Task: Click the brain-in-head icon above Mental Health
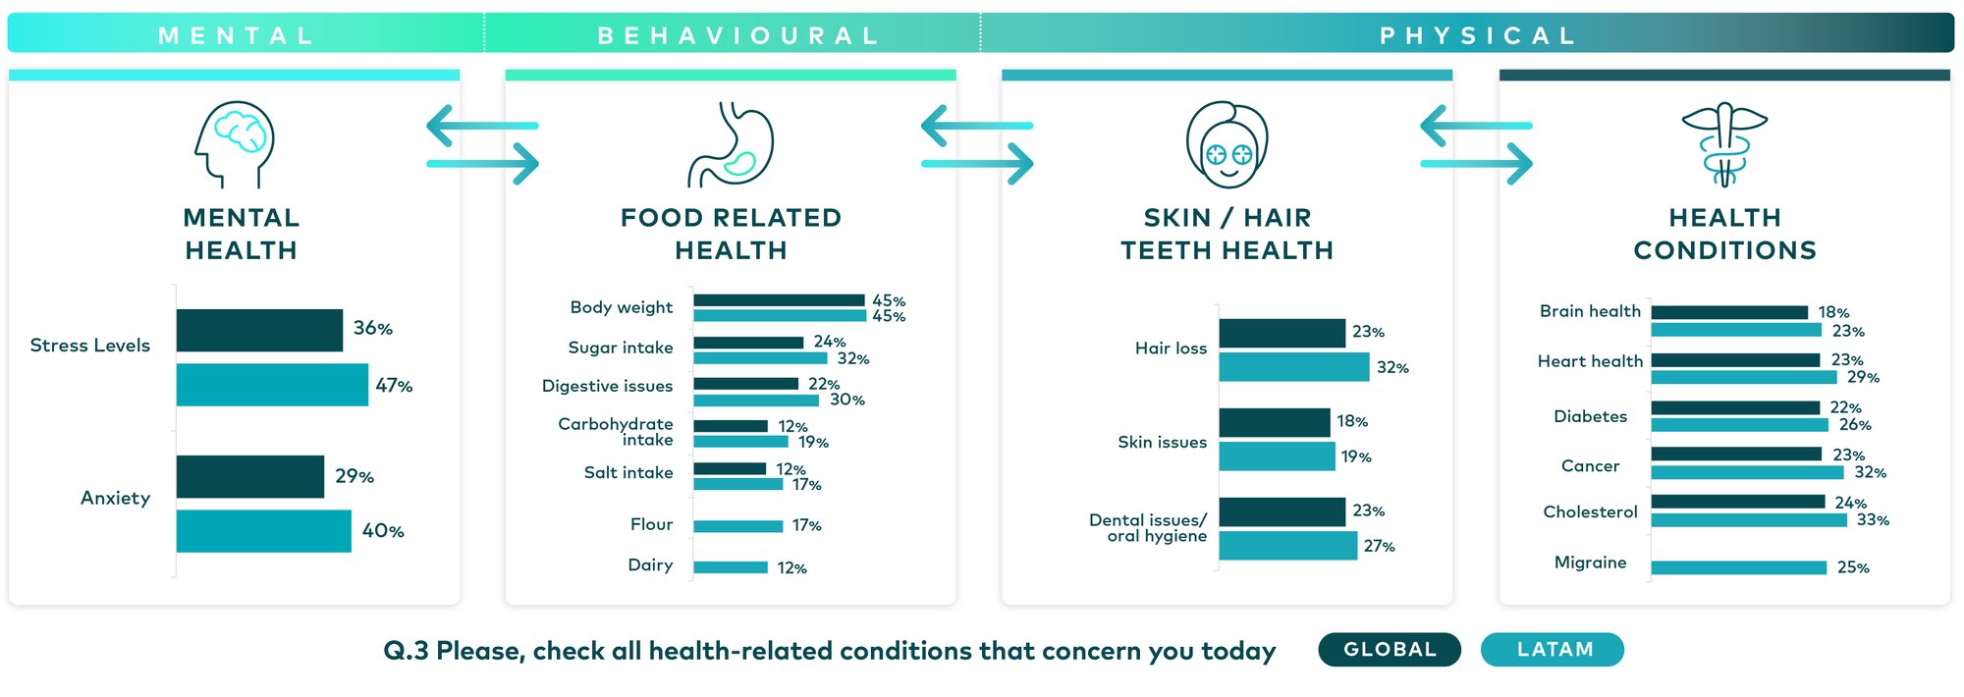235,143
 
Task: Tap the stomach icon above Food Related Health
732,144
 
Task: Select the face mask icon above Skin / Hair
1227,144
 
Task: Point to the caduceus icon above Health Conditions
1724,144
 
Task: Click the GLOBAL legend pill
1390,650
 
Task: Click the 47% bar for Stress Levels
272,385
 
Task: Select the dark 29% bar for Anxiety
250,476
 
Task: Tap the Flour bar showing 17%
737,526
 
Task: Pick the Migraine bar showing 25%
1738,567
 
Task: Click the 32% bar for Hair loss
1293,367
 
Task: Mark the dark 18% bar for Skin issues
1274,422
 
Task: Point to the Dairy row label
650,565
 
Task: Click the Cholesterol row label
1590,512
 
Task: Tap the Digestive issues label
607,387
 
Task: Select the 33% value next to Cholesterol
1872,520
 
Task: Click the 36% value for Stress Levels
373,329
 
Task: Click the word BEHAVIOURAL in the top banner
738,36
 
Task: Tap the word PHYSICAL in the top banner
1478,36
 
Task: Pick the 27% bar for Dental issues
1287,546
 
